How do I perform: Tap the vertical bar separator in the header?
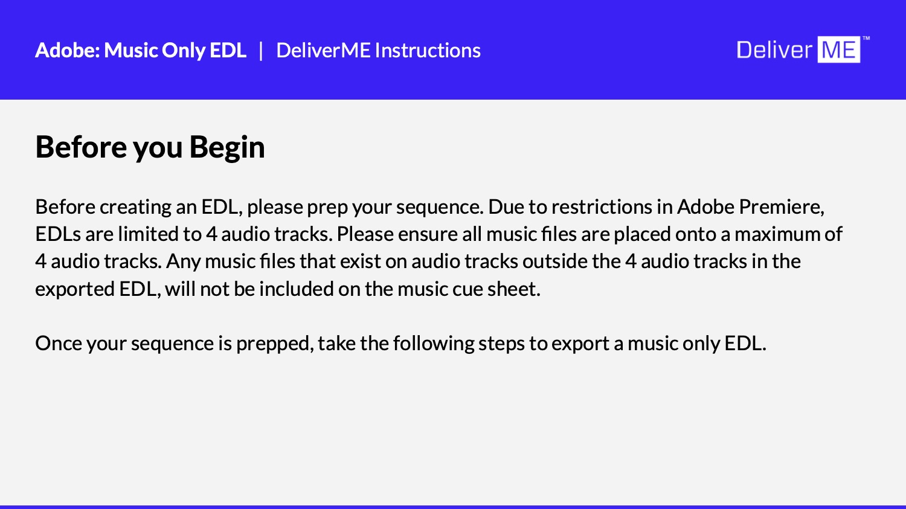(261, 51)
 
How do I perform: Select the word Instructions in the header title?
(428, 50)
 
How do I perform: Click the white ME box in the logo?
(839, 50)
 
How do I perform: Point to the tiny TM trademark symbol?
(866, 39)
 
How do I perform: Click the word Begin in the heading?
(227, 147)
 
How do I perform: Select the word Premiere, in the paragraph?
(782, 207)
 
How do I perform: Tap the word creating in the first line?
(135, 208)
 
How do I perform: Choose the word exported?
(75, 290)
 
